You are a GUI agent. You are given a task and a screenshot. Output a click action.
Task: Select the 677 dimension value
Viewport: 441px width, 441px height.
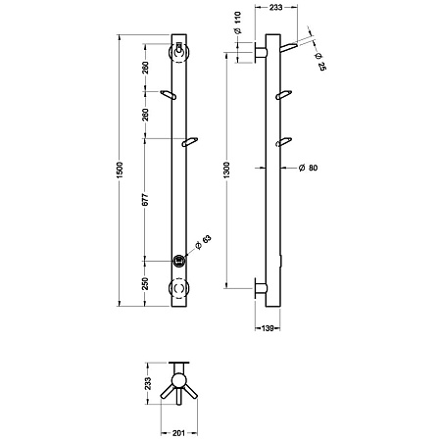coord(144,198)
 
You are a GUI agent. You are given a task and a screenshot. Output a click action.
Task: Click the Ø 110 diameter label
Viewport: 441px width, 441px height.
coord(239,35)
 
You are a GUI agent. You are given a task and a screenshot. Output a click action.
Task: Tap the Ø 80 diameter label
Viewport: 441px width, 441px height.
coord(307,169)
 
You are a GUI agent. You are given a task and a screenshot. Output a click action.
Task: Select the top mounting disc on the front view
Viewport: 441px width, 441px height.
coord(179,52)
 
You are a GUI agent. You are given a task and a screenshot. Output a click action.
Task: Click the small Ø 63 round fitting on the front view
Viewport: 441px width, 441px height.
coord(179,261)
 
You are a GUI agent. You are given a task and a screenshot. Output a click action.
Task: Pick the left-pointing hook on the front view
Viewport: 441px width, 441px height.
coord(168,94)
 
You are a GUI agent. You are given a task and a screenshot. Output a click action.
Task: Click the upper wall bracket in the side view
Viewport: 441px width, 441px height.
coord(262,52)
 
